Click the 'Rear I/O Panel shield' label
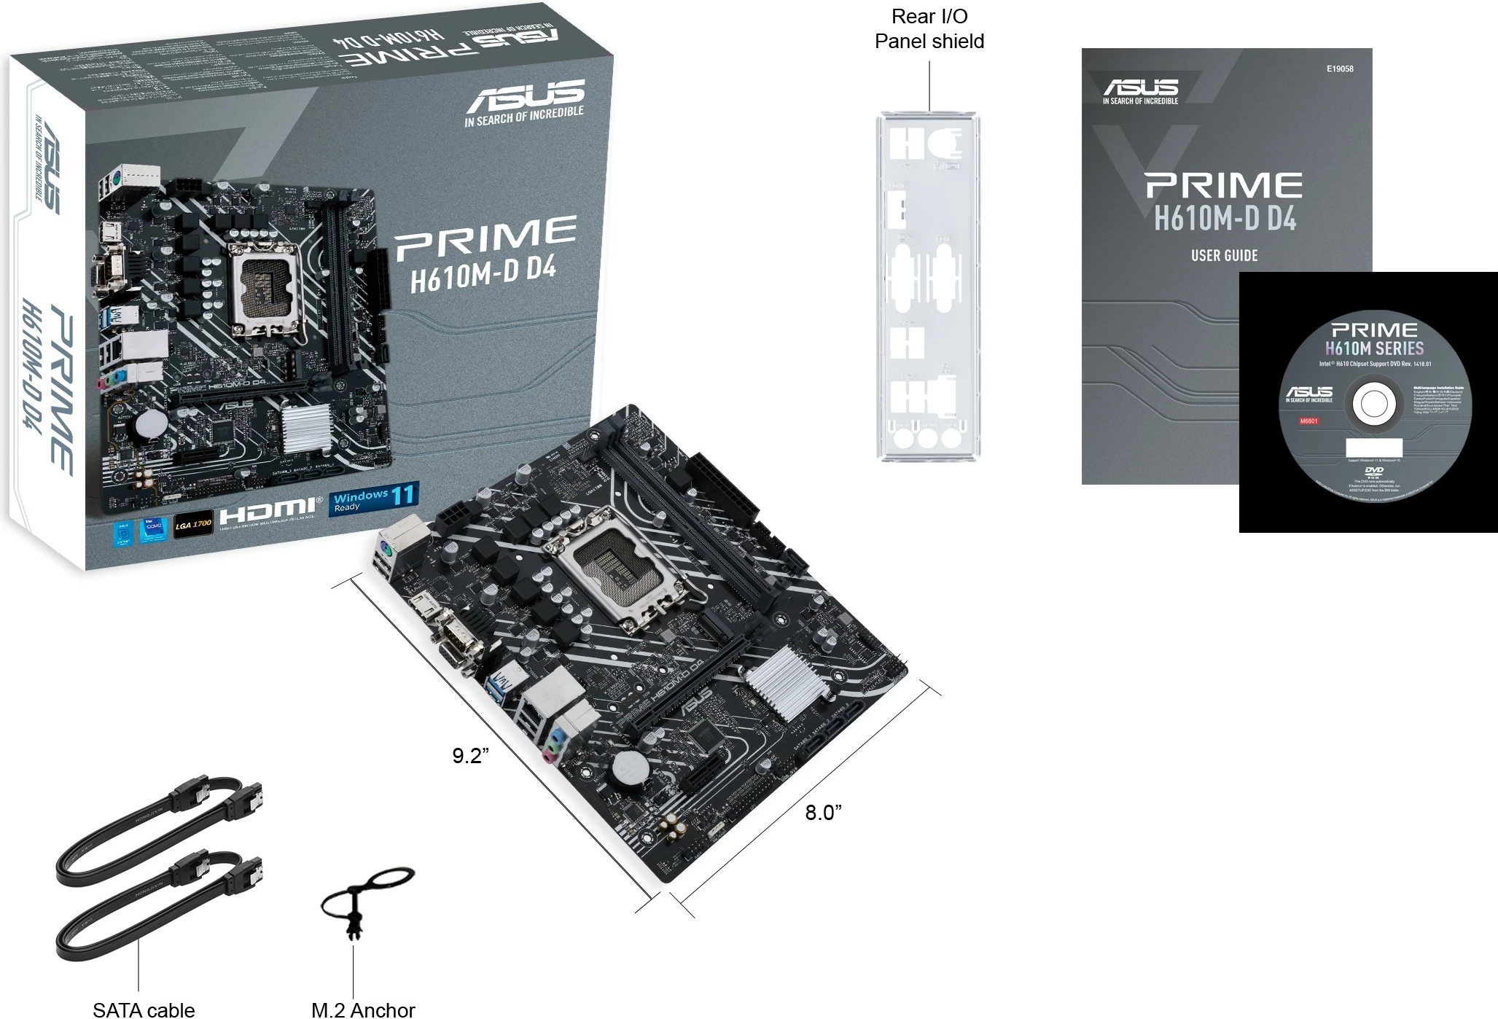929,29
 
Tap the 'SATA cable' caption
144,1009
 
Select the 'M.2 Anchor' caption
362,1009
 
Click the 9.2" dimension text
470,756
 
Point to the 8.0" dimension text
823,812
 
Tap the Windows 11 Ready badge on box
374,499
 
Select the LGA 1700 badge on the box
193,524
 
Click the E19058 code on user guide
1339,69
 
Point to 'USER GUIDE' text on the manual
1224,255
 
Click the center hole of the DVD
1374,405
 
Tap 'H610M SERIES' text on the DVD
1374,348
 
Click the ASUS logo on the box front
525,95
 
